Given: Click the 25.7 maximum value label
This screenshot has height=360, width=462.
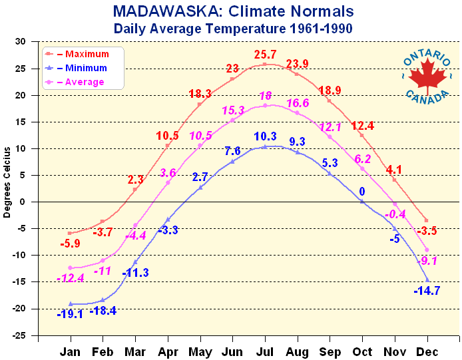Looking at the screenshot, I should (x=265, y=53).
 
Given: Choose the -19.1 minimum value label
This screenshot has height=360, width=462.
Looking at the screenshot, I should (x=69, y=314).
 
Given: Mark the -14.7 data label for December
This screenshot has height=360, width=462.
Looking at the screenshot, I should (x=426, y=291).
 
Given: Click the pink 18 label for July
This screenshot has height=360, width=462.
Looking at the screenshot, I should (x=265, y=95).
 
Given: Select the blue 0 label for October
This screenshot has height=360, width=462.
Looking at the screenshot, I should (x=363, y=192).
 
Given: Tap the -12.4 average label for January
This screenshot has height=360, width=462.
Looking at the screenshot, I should (x=70, y=277).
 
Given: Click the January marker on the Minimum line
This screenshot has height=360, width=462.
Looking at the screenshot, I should (x=70, y=303).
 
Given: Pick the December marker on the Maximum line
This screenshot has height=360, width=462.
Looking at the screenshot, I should (x=427, y=220).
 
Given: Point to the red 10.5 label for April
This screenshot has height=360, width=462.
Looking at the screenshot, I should (x=167, y=135).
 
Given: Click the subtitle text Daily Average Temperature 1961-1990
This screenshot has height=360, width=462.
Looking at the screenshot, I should (x=232, y=29).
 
